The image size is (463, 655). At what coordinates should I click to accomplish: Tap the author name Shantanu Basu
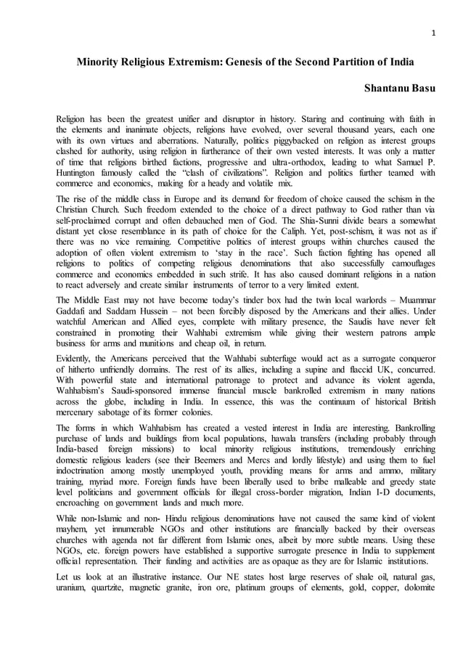398,87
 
